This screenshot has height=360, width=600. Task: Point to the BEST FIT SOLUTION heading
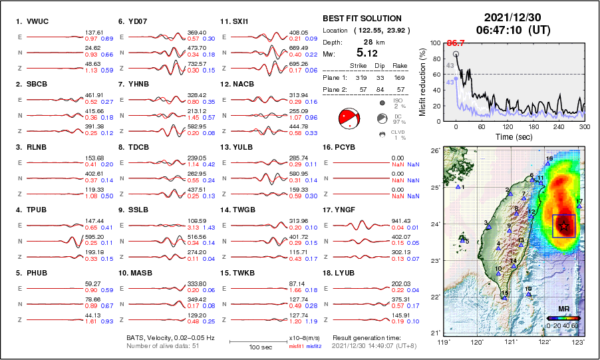362,19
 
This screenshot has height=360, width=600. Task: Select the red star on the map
564,226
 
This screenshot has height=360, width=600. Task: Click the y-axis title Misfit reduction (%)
422,81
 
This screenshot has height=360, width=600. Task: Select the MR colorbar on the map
562,319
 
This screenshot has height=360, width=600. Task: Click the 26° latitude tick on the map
433,151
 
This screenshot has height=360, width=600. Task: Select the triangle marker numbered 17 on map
579,206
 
